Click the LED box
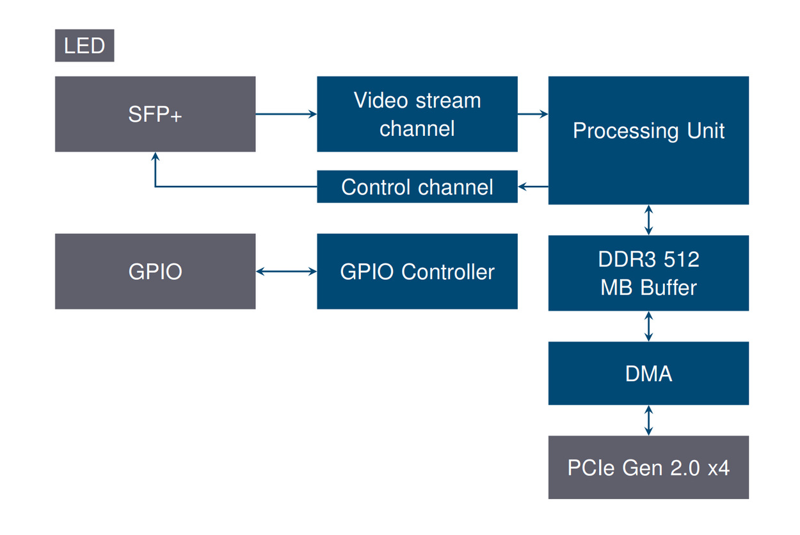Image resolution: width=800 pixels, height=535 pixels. pyautogui.click(x=84, y=46)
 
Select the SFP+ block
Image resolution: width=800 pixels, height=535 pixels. pyautogui.click(x=155, y=114)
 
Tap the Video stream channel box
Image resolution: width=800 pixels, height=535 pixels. pyautogui.click(x=417, y=114)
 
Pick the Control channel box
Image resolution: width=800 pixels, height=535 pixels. pyautogui.click(x=417, y=186)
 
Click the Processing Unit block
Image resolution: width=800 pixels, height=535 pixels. pyautogui.click(x=648, y=140)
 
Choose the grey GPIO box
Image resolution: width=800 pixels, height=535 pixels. pyautogui.click(x=155, y=271)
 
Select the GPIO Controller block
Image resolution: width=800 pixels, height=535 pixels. pyautogui.click(x=417, y=271)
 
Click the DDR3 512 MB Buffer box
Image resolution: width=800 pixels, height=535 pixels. pyautogui.click(x=648, y=273)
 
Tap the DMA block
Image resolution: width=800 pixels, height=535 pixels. pyautogui.click(x=648, y=373)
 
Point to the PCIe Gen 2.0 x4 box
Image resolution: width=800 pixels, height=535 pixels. pyautogui.click(x=648, y=467)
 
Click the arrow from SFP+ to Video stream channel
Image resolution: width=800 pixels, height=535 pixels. pyautogui.click(x=286, y=114)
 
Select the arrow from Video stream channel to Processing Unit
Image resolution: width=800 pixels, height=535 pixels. pyautogui.click(x=532, y=114)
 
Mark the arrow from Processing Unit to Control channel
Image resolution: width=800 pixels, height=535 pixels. pyautogui.click(x=532, y=186)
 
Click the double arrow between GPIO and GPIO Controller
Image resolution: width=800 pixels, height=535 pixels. pyautogui.click(x=286, y=272)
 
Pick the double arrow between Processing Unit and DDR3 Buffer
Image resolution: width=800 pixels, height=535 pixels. pyautogui.click(x=649, y=220)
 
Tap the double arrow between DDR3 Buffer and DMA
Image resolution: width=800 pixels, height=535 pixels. pyautogui.click(x=649, y=326)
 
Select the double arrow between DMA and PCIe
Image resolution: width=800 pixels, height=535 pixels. pyautogui.click(x=649, y=420)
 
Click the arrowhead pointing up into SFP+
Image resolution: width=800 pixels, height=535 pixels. pyautogui.click(x=155, y=157)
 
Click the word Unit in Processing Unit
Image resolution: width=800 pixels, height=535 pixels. pyautogui.click(x=706, y=131)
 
